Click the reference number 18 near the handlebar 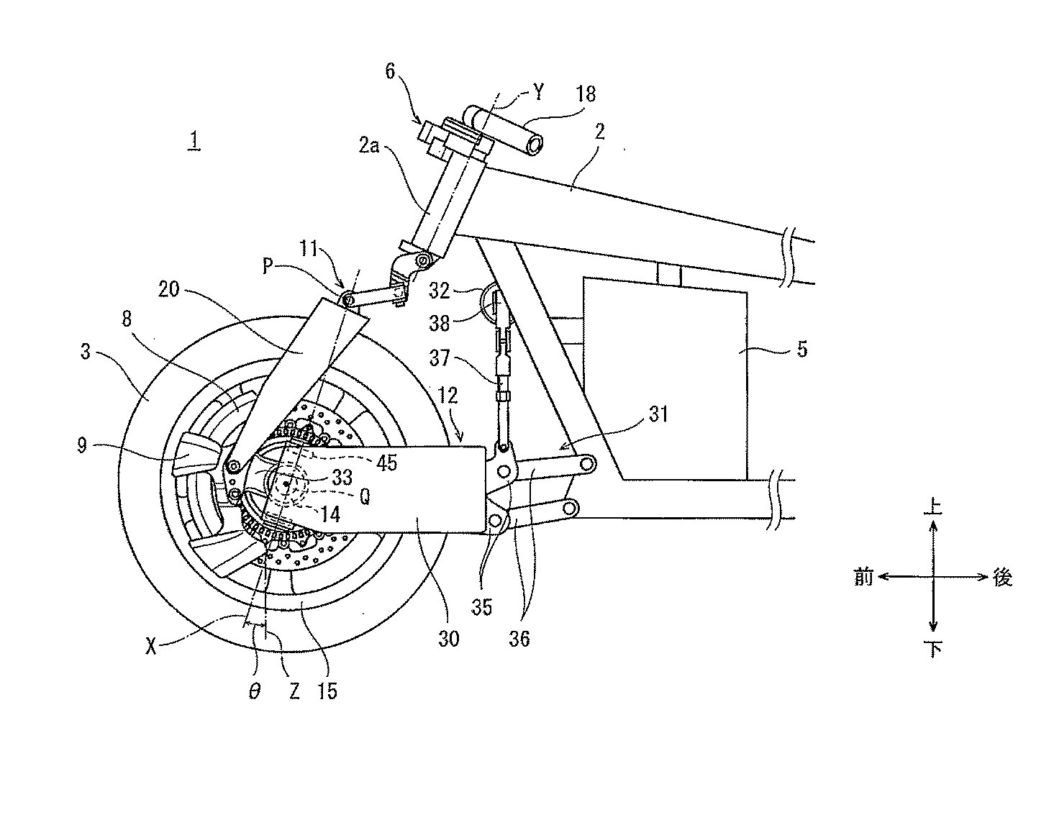click(586, 94)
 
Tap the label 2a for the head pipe click(369, 145)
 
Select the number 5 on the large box click(801, 350)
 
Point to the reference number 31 click(658, 414)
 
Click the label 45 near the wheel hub click(386, 463)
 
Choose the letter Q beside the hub click(365, 498)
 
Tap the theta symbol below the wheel click(255, 691)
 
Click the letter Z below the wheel click(294, 691)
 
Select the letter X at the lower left click(151, 647)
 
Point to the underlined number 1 click(194, 142)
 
